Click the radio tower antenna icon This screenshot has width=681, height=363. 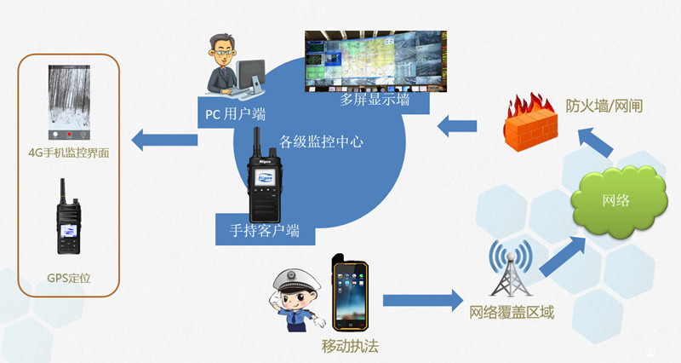[x=510, y=268]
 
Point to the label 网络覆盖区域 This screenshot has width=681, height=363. [x=512, y=313]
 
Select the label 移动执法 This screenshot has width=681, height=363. [x=349, y=346]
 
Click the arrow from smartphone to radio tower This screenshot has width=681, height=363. [x=421, y=300]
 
